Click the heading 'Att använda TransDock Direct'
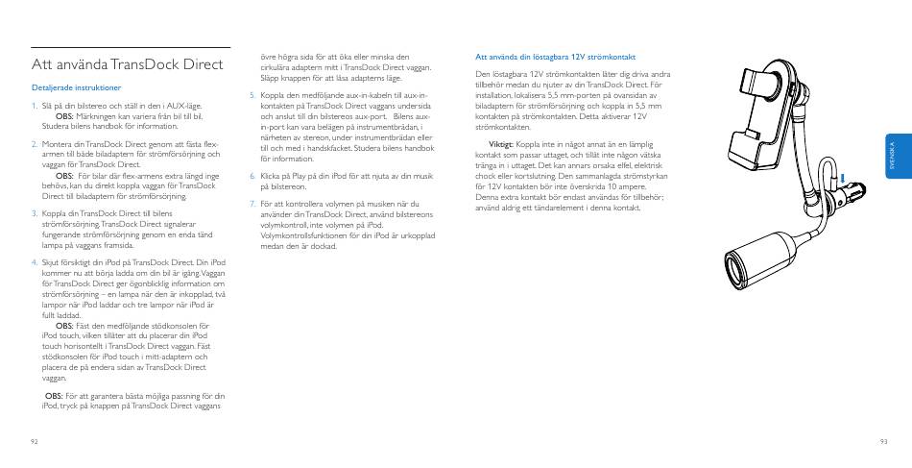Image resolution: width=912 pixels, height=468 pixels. [x=128, y=65]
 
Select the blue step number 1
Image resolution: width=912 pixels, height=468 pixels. [x=34, y=106]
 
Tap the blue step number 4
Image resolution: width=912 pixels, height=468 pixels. [x=34, y=261]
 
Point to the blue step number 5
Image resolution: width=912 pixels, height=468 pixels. [x=252, y=96]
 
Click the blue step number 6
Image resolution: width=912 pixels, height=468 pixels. [x=252, y=177]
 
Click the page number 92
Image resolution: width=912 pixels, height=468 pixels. [x=34, y=440]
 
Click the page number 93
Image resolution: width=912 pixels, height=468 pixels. [x=882, y=440]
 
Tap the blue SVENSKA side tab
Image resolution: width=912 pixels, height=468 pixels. [x=891, y=157]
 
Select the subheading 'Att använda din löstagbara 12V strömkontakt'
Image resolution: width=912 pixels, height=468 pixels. [x=556, y=56]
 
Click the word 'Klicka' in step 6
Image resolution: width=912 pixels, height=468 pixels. [x=272, y=177]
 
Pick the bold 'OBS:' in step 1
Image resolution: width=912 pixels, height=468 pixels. [x=64, y=115]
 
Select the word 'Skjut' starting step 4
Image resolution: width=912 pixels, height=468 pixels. [x=52, y=261]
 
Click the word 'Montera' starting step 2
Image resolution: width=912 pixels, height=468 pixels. [x=57, y=144]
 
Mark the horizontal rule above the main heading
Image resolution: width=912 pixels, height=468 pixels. [x=131, y=47]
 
